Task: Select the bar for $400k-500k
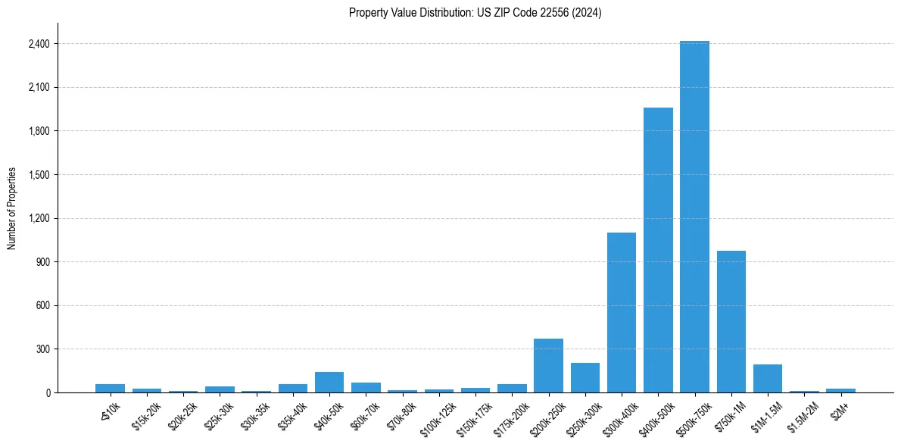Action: coord(658,250)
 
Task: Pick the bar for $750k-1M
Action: coord(731,321)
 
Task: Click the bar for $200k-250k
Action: coord(548,365)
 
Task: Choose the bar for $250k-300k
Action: coord(585,377)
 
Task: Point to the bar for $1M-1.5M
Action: coord(767,378)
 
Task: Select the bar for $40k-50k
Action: coord(329,382)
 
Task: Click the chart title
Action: coord(475,13)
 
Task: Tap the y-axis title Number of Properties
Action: coord(12,208)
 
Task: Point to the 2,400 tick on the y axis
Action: coord(39,44)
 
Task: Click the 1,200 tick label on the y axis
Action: coord(39,218)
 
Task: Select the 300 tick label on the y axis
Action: coord(42,349)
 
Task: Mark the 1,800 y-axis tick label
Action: coord(39,131)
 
